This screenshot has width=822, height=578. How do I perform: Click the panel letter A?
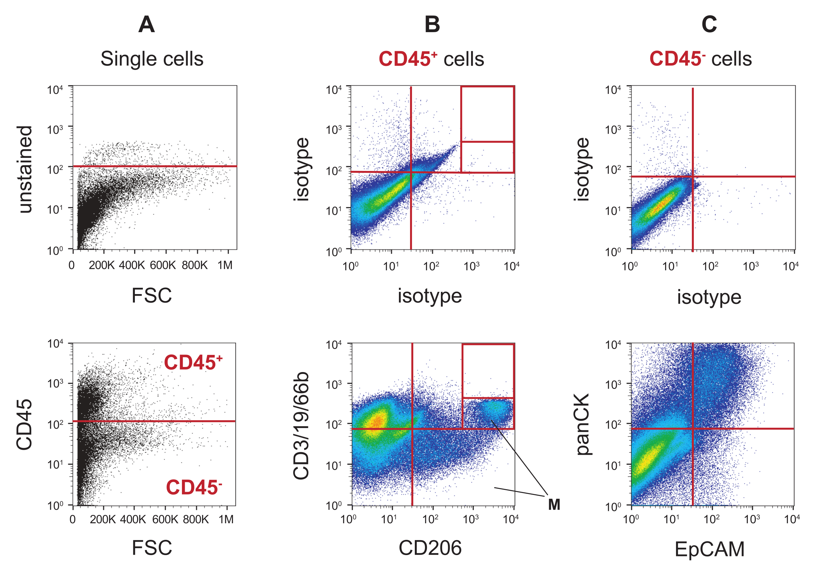146,25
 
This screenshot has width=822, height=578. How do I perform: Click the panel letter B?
432,25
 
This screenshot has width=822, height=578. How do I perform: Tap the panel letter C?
709,25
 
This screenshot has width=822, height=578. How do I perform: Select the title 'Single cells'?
152,59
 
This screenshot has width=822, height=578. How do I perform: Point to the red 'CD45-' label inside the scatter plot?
194,487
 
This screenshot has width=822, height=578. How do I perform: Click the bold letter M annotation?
554,504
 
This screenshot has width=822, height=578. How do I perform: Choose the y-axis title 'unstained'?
25,169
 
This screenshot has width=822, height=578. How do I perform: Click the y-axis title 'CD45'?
24,425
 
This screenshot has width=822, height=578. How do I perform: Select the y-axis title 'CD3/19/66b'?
301,426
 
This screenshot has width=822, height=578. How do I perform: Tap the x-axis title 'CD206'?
430,548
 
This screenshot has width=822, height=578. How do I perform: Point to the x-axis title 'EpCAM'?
709,549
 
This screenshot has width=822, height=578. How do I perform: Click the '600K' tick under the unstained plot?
163,265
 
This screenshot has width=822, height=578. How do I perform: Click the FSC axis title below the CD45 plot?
152,548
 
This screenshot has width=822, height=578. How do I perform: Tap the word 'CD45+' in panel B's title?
408,59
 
